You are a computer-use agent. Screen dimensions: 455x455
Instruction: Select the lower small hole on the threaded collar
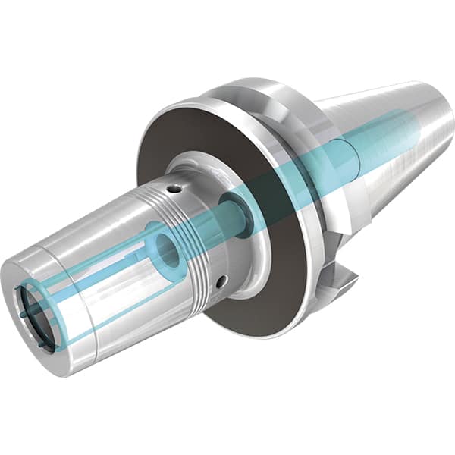[x=220, y=282]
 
